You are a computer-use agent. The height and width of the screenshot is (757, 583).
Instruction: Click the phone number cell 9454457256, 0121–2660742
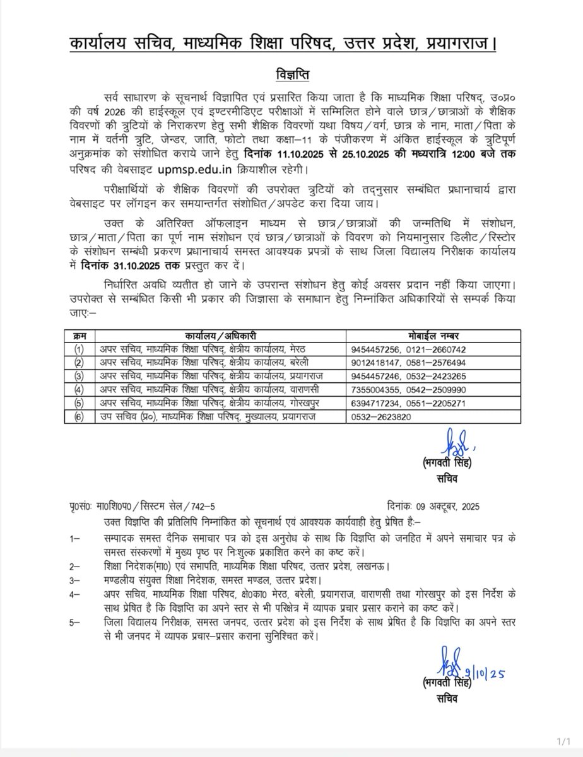point(408,349)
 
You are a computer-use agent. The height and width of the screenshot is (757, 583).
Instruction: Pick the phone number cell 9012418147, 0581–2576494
point(408,362)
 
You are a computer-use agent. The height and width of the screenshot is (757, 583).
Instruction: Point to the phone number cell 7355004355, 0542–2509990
point(408,390)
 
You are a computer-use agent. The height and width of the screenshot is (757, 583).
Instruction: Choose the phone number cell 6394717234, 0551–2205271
point(408,403)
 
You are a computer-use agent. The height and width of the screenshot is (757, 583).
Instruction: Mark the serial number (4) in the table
point(78,390)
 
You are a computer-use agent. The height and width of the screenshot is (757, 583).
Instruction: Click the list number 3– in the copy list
point(75,580)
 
